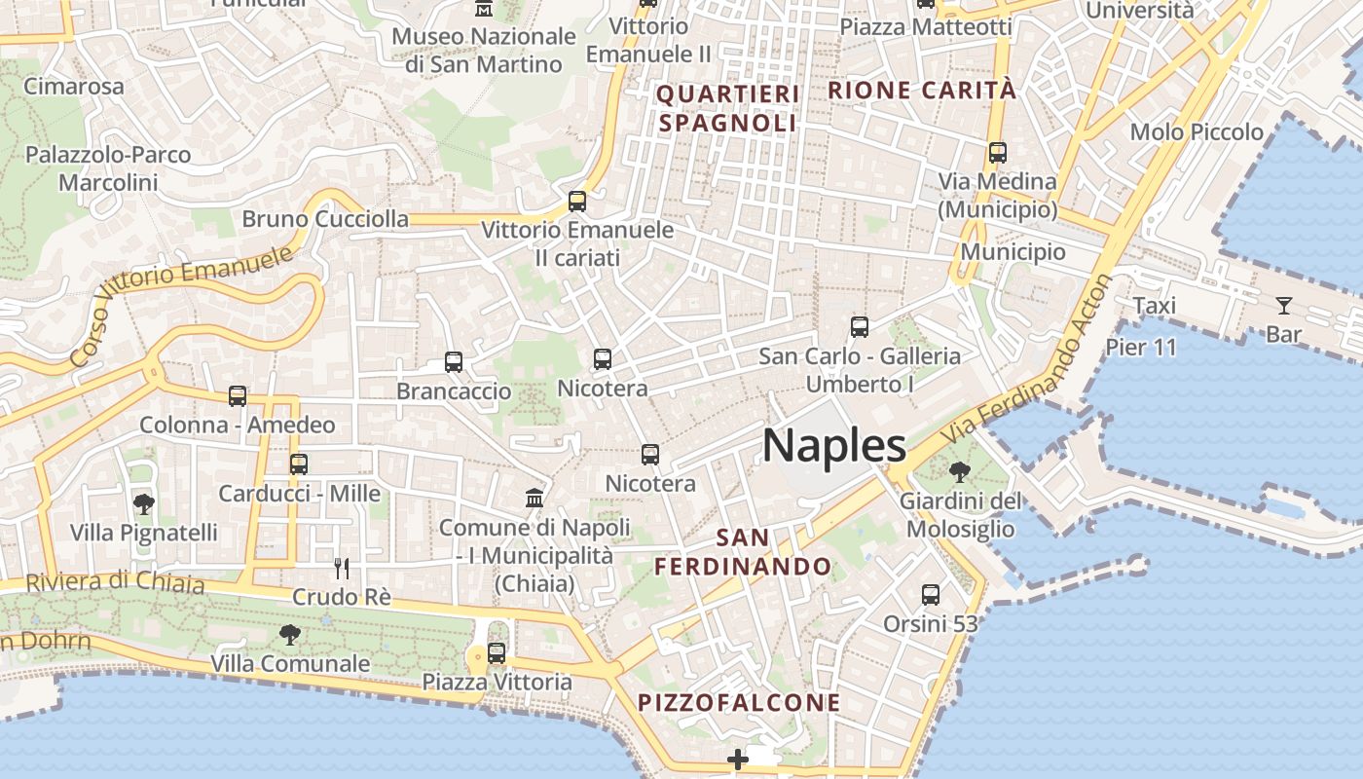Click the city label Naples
coord(834,446)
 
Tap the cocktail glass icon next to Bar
coord(1284,306)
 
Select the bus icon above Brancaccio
coord(454,362)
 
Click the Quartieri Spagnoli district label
coord(728,108)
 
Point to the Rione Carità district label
coord(921,91)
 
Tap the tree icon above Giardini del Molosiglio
coord(960,472)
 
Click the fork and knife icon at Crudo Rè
coord(342,568)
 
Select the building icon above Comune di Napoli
coord(534,499)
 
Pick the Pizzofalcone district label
coord(739,702)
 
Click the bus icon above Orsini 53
coord(931,594)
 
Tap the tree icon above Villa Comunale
coord(289,635)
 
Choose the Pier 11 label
coord(1141,348)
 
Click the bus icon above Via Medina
coord(998,153)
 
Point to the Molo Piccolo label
coord(1197,131)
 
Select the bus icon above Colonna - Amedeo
coord(238,396)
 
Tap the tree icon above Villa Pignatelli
coord(144,503)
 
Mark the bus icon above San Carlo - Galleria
coord(860,327)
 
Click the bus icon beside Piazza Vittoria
coord(497,652)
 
